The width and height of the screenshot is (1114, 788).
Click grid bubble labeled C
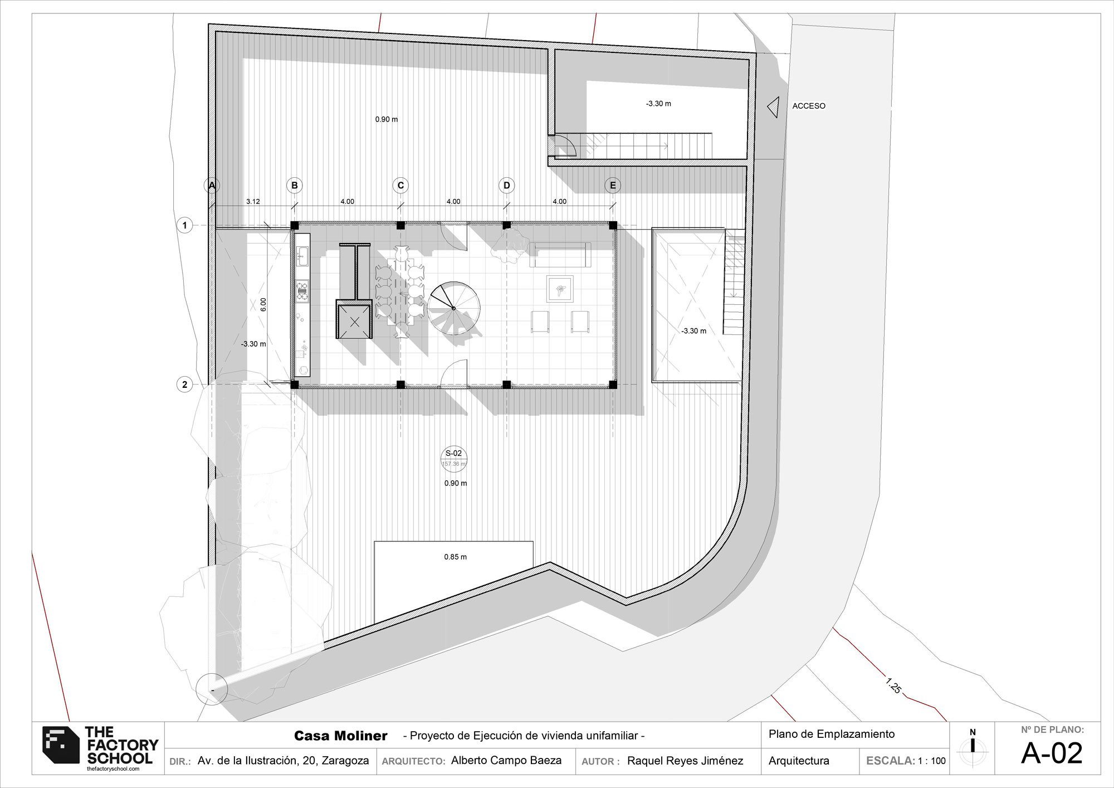[400, 185]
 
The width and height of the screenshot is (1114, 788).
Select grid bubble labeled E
[613, 185]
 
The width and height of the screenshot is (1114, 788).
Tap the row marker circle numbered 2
[185, 385]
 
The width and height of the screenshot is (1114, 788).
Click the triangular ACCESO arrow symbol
[773, 107]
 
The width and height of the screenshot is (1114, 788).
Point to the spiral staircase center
[453, 308]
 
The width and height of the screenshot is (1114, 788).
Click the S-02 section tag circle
[453, 458]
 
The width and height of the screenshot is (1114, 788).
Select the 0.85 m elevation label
[455, 557]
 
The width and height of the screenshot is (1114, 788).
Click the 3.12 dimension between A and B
[253, 201]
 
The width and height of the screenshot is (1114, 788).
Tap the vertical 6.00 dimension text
[263, 304]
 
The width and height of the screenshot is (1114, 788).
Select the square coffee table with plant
[560, 289]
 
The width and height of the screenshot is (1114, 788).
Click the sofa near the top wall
[560, 255]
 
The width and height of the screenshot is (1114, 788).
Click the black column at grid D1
[506, 225]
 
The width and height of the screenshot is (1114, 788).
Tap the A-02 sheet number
[1052, 753]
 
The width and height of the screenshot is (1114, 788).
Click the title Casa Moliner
[340, 736]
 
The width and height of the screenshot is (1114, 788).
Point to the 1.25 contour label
[893, 685]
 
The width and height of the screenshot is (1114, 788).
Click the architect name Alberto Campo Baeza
[506, 761]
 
